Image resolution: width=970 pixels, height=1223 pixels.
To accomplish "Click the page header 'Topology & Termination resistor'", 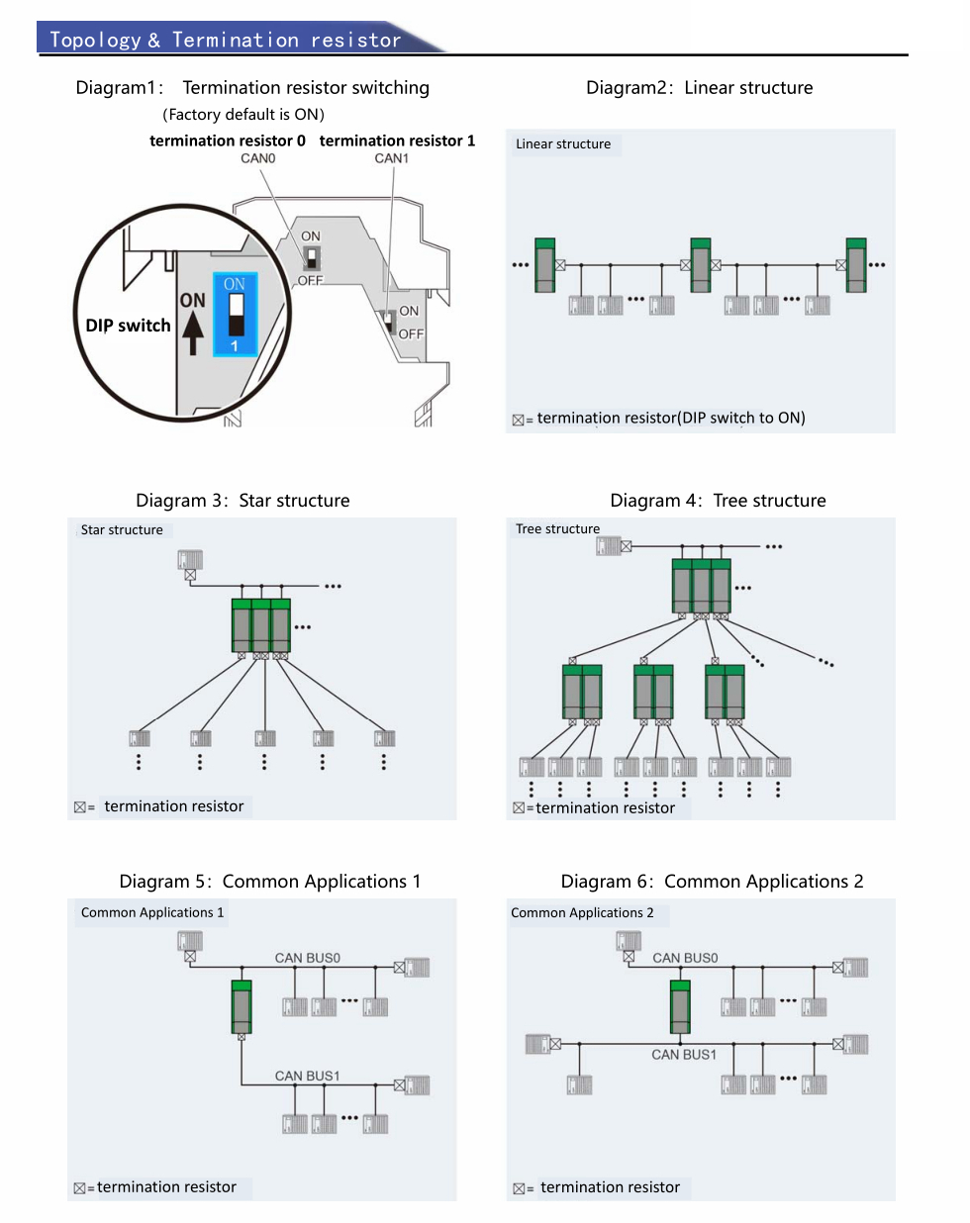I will tap(226, 40).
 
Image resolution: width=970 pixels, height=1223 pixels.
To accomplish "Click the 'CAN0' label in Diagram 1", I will tap(258, 158).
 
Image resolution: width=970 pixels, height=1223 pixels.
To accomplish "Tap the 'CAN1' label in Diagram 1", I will tap(391, 158).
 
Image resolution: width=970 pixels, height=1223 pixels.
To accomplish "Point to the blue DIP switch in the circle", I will tap(236, 315).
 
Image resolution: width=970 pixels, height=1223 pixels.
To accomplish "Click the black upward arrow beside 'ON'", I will tap(193, 332).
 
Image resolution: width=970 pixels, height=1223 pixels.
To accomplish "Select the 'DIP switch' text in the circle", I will tap(128, 326).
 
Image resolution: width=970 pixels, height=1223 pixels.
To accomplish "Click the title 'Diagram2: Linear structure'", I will tap(699, 88).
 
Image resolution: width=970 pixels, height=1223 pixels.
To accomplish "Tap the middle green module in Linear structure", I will tap(701, 265).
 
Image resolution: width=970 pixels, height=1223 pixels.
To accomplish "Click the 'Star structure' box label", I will tap(122, 530).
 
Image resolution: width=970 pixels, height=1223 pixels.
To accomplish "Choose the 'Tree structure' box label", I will tap(557, 529).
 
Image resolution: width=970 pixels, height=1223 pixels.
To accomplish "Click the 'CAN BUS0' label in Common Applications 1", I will tap(307, 958).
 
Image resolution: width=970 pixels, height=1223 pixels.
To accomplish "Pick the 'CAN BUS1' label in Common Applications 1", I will tap(307, 1076).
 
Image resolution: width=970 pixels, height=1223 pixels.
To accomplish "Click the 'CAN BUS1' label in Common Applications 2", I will tap(684, 1055).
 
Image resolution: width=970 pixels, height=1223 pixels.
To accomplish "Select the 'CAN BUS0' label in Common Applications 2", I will tap(685, 958).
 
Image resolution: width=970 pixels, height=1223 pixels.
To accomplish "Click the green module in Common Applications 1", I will tap(242, 1006).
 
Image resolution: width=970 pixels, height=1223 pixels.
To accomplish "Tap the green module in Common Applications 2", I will tap(680, 1006).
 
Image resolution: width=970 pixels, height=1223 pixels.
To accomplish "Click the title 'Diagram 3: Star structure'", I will tap(242, 501).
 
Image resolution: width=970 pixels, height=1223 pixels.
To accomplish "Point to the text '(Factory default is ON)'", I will tap(243, 115).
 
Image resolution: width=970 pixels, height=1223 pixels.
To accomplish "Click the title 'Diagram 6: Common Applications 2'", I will tap(712, 882).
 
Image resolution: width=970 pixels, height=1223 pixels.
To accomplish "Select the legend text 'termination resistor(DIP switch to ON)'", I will tap(671, 419).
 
